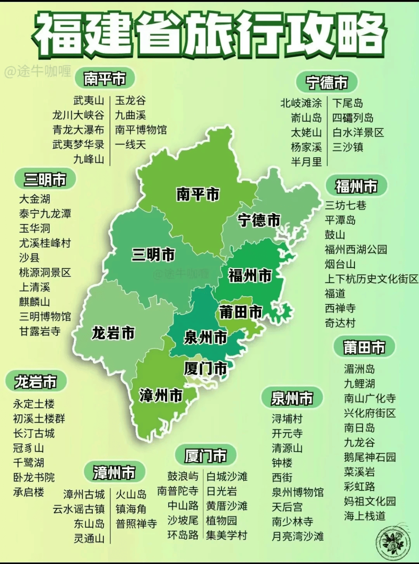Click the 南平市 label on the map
pos(198,194)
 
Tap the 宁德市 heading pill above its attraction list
pos(326,82)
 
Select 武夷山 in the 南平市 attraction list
pos(89,101)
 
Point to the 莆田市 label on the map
pos(241,312)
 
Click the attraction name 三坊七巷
pos(345,205)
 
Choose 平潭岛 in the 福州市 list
pos(340,220)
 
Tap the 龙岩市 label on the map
pos(113,333)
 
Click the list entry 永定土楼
pos(34,404)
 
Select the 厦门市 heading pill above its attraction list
pos(205,456)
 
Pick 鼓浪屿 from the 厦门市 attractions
pos(183,476)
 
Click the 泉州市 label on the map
pos(205,337)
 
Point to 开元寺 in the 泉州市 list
pos(287,433)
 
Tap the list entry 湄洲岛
pos(359,369)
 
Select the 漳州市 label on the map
pos(161,395)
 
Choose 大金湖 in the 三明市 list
pos(35,199)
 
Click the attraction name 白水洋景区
pos(358,132)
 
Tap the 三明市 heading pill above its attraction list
pos(45,179)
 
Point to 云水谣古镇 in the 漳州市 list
pos(79,509)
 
